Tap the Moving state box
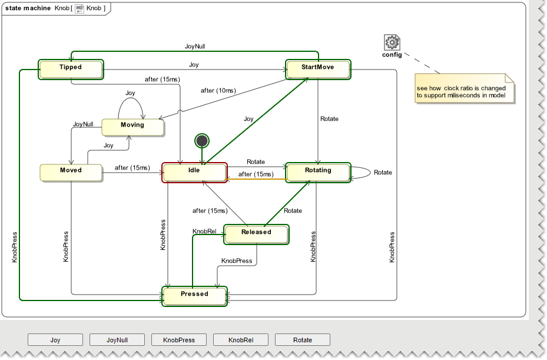point(132,127)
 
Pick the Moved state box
point(71,171)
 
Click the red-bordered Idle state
point(194,171)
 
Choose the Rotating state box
point(318,171)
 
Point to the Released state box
point(256,233)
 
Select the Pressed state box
point(194,295)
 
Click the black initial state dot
point(202,140)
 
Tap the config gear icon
point(392,42)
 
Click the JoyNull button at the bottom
point(117,340)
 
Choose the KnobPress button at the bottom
point(179,340)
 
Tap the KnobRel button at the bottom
point(241,340)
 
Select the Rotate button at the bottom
point(303,340)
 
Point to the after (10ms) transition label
point(218,91)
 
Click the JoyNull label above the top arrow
point(194,46)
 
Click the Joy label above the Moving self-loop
point(130,93)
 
